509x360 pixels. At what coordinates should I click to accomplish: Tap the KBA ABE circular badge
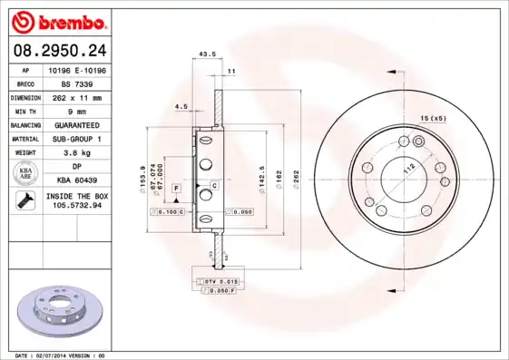click(26, 174)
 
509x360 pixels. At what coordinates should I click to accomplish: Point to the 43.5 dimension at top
click(206, 54)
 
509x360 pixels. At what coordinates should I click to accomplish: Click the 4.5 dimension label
click(181, 107)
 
